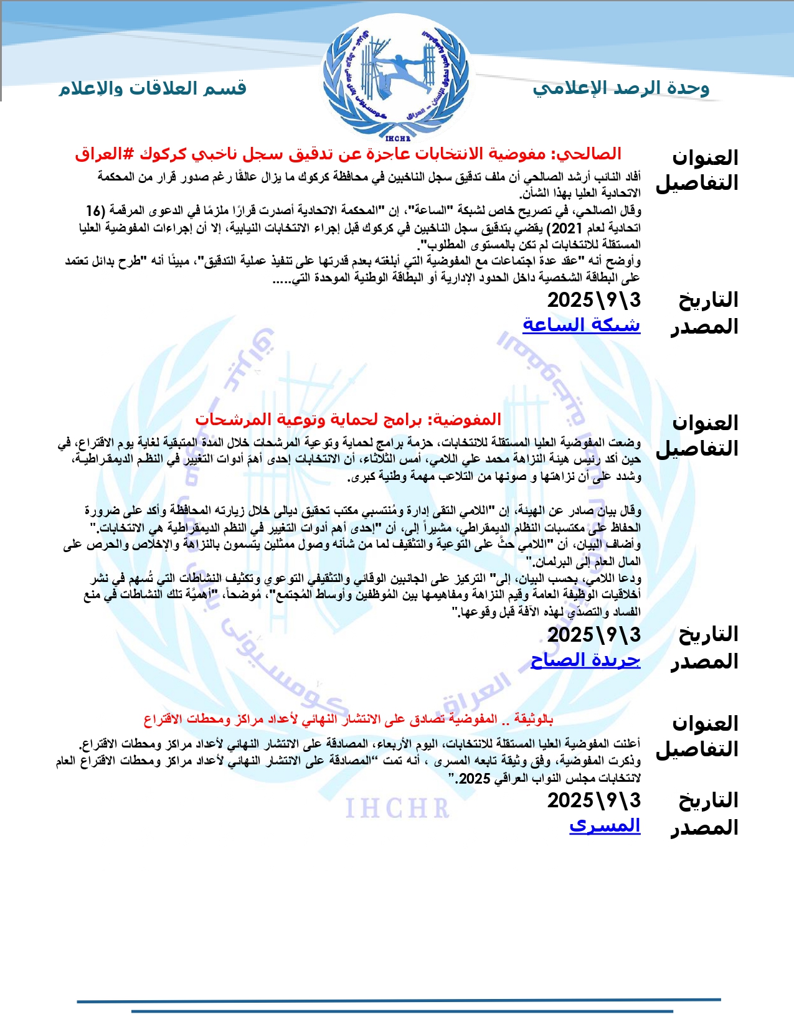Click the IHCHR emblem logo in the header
[397, 78]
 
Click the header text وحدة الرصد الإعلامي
[621, 88]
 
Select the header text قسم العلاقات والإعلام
[153, 88]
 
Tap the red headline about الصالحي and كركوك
[348, 154]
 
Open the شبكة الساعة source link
[581, 324]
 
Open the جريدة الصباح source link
[585, 660]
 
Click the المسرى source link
[605, 825]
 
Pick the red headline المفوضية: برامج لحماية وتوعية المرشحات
[348, 420]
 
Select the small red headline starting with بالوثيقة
[348, 720]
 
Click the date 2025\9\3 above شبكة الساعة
[593, 300]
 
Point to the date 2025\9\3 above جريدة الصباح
[593, 635]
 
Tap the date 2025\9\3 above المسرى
[593, 800]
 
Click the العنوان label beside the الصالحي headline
[705, 158]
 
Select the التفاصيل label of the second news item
[697, 449]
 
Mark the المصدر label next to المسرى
[704, 828]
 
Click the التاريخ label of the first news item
[708, 300]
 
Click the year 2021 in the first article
[567, 228]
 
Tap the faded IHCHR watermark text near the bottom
[397, 808]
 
